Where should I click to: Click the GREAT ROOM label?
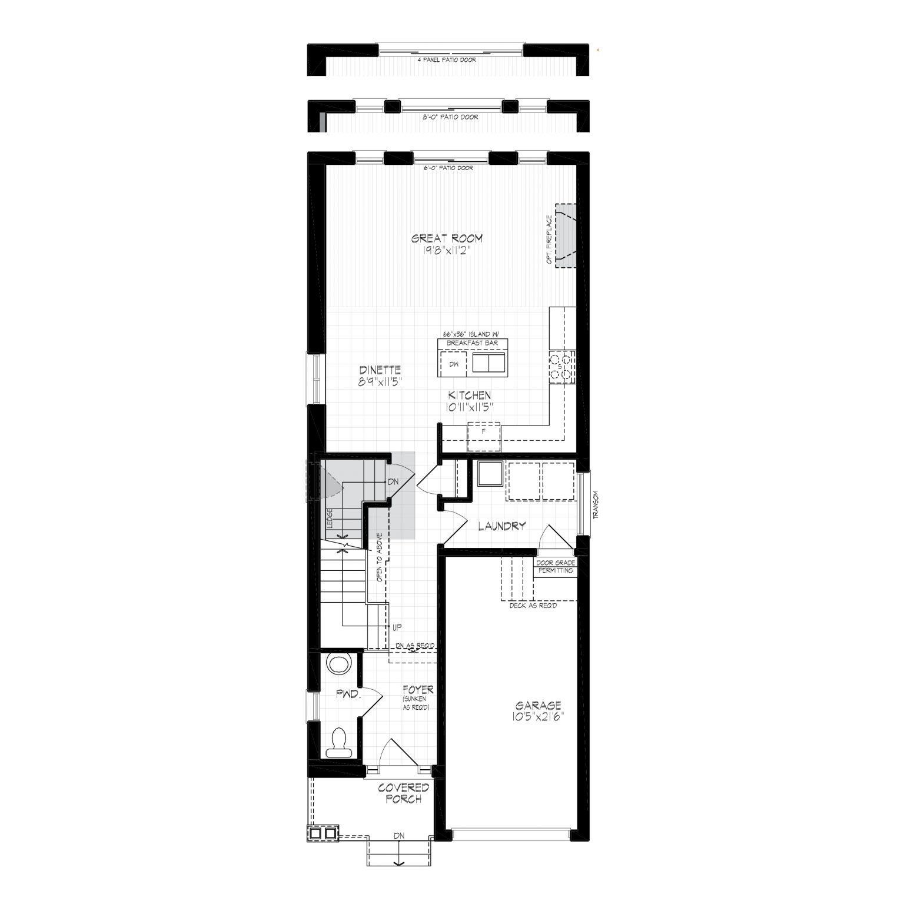[x=447, y=238]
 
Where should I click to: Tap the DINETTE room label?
[x=380, y=370]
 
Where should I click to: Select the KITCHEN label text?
[x=469, y=395]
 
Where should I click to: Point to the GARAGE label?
[x=539, y=705]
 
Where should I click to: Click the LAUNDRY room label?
[x=501, y=526]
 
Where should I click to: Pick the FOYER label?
[x=418, y=689]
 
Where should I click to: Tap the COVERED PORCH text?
[x=403, y=793]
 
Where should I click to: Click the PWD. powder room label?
[x=348, y=694]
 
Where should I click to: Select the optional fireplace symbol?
[x=564, y=235]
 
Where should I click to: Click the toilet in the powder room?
[x=338, y=743]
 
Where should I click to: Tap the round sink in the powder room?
[x=339, y=664]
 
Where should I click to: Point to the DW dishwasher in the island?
[x=453, y=364]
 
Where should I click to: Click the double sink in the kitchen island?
[x=488, y=363]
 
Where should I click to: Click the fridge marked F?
[x=483, y=437]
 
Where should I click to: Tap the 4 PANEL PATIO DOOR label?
[x=447, y=60]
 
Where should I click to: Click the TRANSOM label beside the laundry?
[x=596, y=504]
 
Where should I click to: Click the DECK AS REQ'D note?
[x=533, y=605]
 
